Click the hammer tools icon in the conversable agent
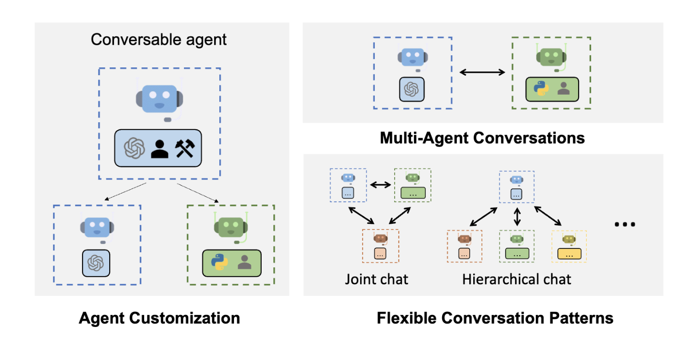185,148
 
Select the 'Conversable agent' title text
159,39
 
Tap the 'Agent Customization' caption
159,318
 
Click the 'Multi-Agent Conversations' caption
482,138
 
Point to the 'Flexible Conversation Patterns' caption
495,318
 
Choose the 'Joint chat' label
377,279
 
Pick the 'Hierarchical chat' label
517,279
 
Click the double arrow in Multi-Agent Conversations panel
482,72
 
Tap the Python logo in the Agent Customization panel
219,262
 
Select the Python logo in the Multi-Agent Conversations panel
541,89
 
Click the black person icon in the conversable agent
159,148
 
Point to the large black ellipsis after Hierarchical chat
625,224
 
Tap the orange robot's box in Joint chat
381,253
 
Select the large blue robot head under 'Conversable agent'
159,99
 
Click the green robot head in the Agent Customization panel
231,226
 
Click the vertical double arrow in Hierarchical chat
517,216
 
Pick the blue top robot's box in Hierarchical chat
517,195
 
